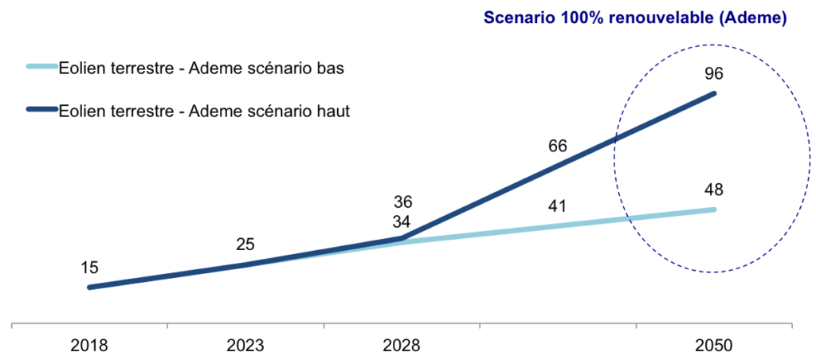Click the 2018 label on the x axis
[x=90, y=346]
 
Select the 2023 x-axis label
[x=245, y=346]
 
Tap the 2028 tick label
[x=402, y=346]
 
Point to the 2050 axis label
[x=714, y=346]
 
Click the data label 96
[x=714, y=74]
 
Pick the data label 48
[x=714, y=190]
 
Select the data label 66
[x=557, y=147]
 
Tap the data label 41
[x=557, y=206]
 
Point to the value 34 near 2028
[x=402, y=222]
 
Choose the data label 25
[x=245, y=245]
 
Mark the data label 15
[x=90, y=267]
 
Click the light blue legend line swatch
[x=42, y=67]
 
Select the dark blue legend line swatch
[x=42, y=110]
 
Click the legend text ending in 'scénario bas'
[x=202, y=68]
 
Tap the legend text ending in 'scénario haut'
[x=204, y=112]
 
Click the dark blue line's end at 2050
[x=714, y=94]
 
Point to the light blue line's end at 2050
[x=714, y=209]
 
